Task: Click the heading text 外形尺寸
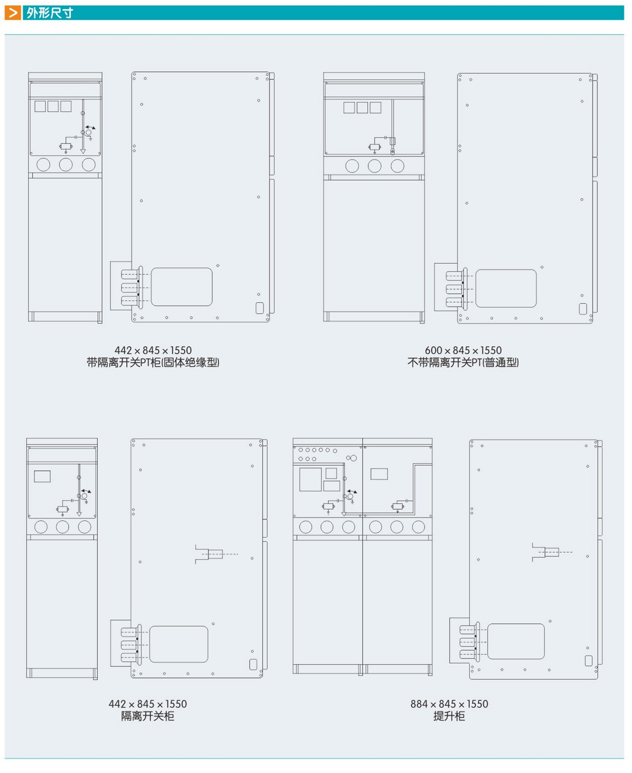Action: click(x=50, y=13)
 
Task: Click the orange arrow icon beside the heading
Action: click(x=13, y=13)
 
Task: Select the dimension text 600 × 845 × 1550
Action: click(x=463, y=350)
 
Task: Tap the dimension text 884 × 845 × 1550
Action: click(x=449, y=704)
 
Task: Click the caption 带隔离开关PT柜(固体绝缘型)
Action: click(x=153, y=362)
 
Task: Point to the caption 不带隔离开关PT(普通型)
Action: click(x=463, y=362)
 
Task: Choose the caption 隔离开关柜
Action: click(x=147, y=716)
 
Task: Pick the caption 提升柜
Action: click(x=449, y=716)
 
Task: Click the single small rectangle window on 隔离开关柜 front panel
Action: click(x=42, y=476)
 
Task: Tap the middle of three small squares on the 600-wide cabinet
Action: click(x=362, y=108)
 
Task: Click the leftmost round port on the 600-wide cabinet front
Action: click(x=352, y=166)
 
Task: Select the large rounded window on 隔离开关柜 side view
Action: click(x=179, y=644)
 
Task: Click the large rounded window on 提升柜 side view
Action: click(x=516, y=641)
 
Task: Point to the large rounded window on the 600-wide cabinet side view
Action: click(x=506, y=288)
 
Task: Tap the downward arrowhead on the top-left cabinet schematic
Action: click(x=83, y=151)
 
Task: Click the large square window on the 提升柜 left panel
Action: click(x=311, y=479)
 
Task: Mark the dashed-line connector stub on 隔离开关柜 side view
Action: click(x=216, y=554)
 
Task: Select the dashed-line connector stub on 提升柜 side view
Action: click(x=552, y=552)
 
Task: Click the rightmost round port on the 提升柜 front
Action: click(x=418, y=527)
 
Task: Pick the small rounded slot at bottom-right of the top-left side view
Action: click(x=260, y=308)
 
